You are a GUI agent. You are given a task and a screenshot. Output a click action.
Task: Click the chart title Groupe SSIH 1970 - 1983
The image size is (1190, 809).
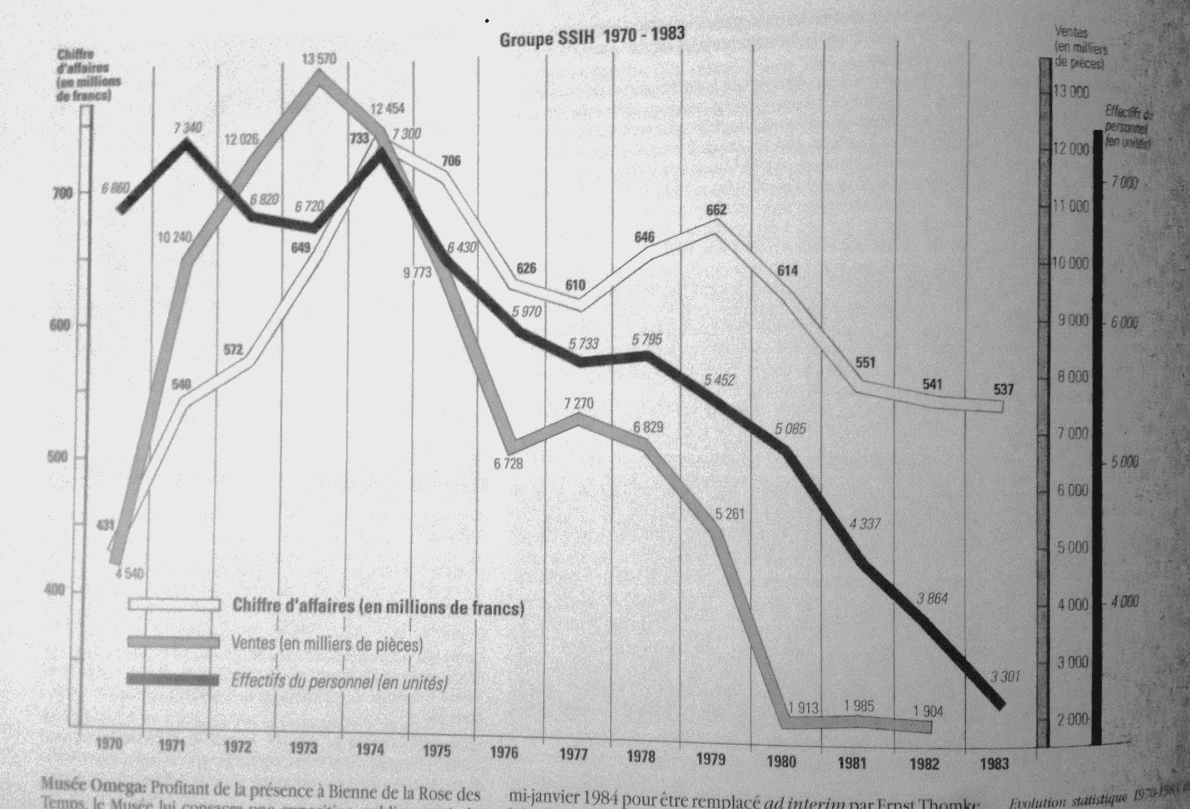(592, 37)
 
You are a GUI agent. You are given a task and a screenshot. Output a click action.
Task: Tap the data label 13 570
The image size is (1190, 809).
(319, 59)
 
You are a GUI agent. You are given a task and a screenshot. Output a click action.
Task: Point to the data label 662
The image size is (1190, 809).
(716, 210)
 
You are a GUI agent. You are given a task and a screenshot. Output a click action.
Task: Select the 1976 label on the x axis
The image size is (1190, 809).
(504, 753)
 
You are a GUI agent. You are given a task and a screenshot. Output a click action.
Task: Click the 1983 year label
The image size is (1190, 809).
(994, 764)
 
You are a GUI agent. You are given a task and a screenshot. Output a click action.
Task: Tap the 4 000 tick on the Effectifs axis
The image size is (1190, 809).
(1124, 602)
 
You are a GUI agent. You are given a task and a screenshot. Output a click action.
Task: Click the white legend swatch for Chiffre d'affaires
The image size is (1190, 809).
(173, 604)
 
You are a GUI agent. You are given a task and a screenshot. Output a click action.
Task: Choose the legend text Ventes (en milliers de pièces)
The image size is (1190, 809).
(326, 644)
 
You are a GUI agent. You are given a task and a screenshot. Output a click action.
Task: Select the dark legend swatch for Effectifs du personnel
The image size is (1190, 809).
(172, 680)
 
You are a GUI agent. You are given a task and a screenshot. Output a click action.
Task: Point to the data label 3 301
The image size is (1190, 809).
(1005, 676)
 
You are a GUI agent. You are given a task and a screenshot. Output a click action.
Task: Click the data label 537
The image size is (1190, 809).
(1003, 389)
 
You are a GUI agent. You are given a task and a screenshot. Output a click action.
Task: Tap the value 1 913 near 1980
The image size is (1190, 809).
(803, 708)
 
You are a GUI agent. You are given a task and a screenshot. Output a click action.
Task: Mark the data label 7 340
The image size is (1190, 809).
(188, 128)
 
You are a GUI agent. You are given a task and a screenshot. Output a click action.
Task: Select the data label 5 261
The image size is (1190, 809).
(729, 513)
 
